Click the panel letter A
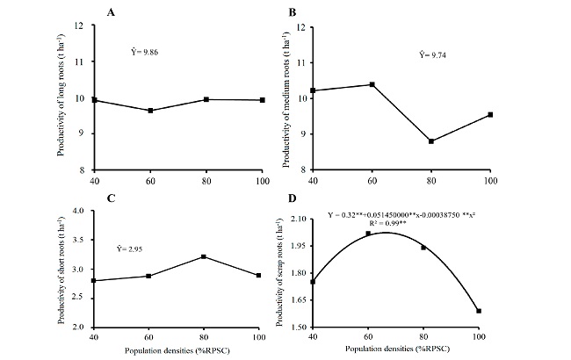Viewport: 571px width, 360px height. [x=111, y=12]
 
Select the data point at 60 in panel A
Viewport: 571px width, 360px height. [x=150, y=111]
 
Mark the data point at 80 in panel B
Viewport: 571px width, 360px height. [x=431, y=141]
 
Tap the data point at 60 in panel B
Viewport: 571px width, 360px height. [x=372, y=84]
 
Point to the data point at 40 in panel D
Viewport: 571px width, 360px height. [x=314, y=282]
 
